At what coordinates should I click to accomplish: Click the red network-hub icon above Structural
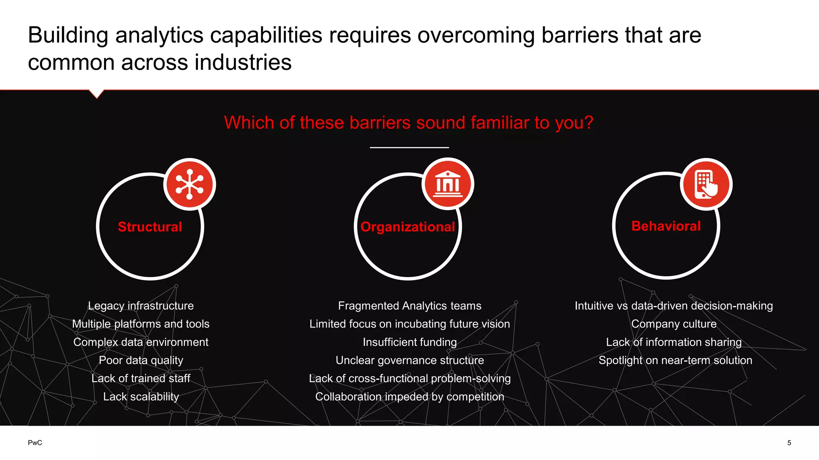[190, 184]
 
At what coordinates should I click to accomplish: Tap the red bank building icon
[448, 184]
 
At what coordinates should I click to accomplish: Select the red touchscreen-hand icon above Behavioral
[706, 184]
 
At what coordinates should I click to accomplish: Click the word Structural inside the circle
[150, 227]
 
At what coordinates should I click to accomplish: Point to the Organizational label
[408, 227]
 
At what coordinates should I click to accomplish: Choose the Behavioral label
[666, 226]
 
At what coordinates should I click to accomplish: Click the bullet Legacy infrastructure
[141, 306]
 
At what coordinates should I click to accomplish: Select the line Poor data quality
[141, 360]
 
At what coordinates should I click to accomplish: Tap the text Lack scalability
[141, 397]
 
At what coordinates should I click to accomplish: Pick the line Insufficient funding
[409, 342]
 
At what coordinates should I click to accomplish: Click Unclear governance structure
[409, 360]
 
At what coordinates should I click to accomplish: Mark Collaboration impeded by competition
[409, 397]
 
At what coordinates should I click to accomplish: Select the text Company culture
[673, 324]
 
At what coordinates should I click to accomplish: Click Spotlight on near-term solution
[675, 360]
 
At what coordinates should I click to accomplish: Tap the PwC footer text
[35, 442]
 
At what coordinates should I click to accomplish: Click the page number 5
[789, 442]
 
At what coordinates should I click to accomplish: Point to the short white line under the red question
[409, 147]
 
